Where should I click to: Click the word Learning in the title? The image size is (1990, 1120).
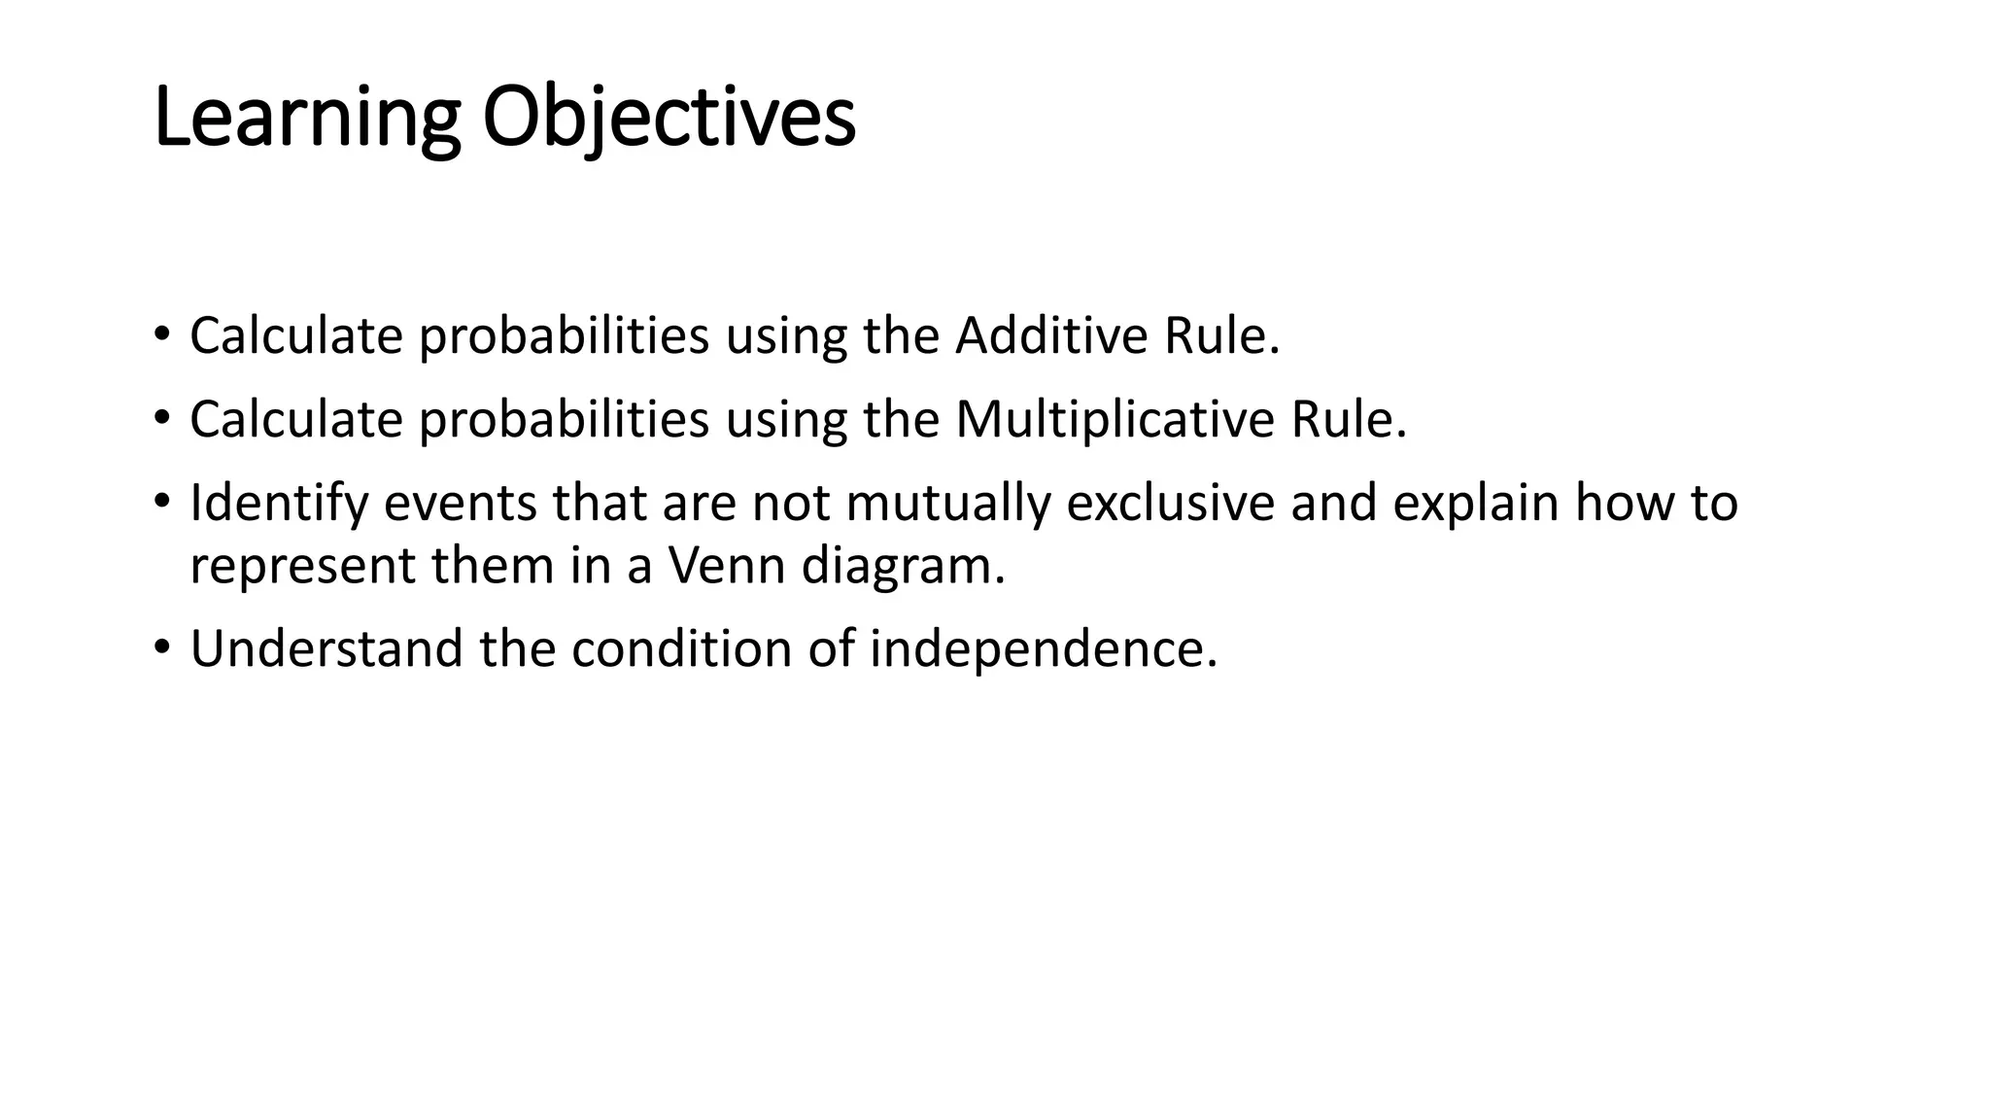(x=306, y=119)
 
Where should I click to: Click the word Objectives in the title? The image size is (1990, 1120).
(x=669, y=119)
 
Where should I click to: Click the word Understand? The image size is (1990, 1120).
(x=326, y=649)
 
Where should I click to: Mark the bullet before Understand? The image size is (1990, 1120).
(x=161, y=647)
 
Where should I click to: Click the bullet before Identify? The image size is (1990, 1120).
(x=161, y=502)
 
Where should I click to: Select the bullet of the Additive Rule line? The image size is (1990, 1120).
(x=161, y=334)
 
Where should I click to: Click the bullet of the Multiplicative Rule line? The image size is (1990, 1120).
(x=161, y=418)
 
